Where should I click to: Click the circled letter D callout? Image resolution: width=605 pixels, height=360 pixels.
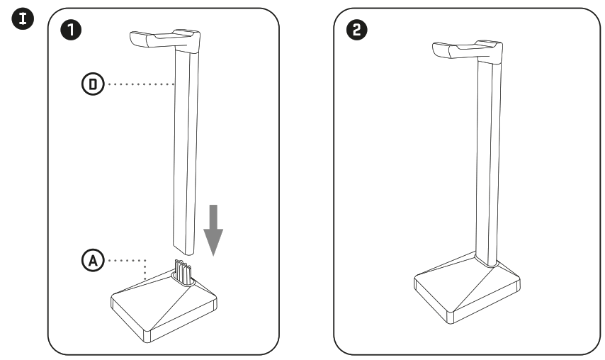point(93,85)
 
